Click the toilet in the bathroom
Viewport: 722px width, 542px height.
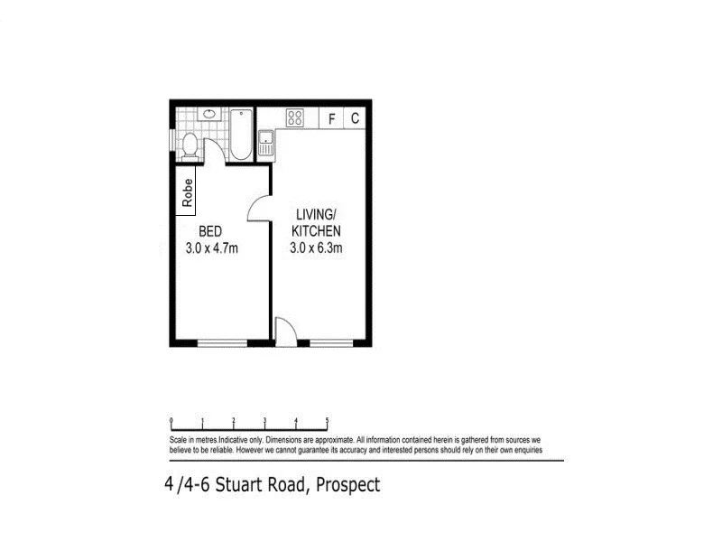coord(190,145)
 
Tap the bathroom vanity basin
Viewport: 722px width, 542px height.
coord(209,115)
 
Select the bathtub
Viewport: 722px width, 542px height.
coord(241,136)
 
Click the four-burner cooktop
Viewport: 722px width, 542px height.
coord(294,117)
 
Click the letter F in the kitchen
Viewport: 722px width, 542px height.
coord(331,118)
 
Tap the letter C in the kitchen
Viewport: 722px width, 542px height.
coord(355,118)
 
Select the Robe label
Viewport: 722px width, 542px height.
coord(188,192)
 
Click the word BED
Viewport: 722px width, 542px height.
coord(210,230)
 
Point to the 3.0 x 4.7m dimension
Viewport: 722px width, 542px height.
coord(213,247)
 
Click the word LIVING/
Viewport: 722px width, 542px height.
coord(316,214)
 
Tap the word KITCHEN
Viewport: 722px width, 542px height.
coord(316,230)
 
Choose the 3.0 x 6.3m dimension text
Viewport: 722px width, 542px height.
coord(316,247)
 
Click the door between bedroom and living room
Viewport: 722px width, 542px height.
coord(260,210)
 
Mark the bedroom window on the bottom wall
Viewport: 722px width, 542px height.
coord(222,342)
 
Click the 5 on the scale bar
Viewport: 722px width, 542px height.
coord(327,420)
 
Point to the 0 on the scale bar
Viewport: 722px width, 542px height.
coord(171,420)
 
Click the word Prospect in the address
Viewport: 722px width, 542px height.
coord(347,486)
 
